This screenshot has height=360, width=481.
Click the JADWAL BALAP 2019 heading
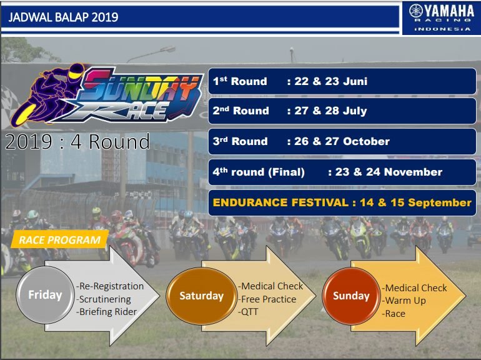[x=63, y=17]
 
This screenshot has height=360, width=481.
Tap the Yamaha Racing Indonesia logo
[x=442, y=17]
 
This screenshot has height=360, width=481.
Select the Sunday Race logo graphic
[x=107, y=94]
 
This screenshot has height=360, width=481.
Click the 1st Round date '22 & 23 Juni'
[x=330, y=81]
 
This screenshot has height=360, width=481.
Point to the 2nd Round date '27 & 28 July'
[x=330, y=111]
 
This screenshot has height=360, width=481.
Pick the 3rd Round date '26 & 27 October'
[x=342, y=141]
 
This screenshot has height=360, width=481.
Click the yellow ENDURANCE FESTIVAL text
[x=280, y=202]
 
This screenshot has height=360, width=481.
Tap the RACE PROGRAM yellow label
[x=60, y=240]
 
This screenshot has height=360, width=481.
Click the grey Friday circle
[x=45, y=295]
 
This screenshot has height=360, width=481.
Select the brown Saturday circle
[x=202, y=296]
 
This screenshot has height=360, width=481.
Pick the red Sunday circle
[x=351, y=296]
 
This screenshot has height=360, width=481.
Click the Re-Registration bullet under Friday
[x=110, y=286]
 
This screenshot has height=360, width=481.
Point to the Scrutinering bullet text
[x=103, y=299]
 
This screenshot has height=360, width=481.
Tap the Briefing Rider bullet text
[x=106, y=312]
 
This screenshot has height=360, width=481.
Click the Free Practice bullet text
[x=267, y=299]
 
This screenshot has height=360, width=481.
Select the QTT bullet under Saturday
[x=248, y=312]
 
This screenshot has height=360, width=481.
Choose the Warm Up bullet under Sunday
[x=404, y=301]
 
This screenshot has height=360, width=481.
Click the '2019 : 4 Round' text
[x=77, y=141]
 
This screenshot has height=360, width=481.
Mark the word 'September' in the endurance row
[x=440, y=202]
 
